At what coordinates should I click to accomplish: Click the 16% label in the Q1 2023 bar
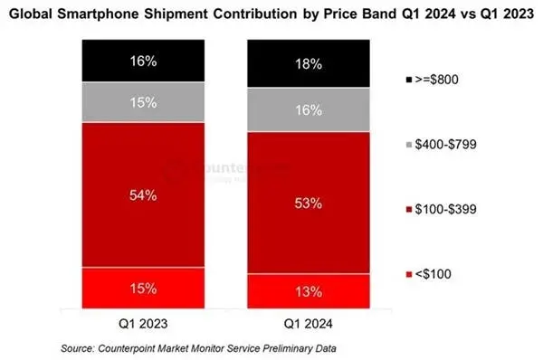click(x=143, y=62)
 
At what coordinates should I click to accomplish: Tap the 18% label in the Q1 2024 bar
click(x=309, y=64)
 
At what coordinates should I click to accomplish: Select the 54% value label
click(x=143, y=195)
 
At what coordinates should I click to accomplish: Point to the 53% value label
click(x=309, y=204)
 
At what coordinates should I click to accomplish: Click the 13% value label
click(x=309, y=292)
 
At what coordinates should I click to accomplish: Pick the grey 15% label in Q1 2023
click(x=143, y=102)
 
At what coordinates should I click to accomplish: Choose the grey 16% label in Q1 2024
click(x=309, y=110)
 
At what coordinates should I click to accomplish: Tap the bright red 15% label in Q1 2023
click(x=143, y=289)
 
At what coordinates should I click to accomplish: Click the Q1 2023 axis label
click(x=143, y=324)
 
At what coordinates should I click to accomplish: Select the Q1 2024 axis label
click(x=309, y=324)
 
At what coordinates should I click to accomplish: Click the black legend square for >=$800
click(x=409, y=80)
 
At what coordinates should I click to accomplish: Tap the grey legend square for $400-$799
click(x=409, y=145)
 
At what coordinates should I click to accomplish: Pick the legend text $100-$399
click(x=445, y=209)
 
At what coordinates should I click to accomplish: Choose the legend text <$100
click(x=433, y=274)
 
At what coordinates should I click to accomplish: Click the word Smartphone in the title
click(x=98, y=14)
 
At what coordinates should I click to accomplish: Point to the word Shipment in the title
click(x=176, y=14)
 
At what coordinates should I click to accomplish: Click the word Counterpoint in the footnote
click(x=126, y=348)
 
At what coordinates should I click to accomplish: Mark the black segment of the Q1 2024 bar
click(x=309, y=63)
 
